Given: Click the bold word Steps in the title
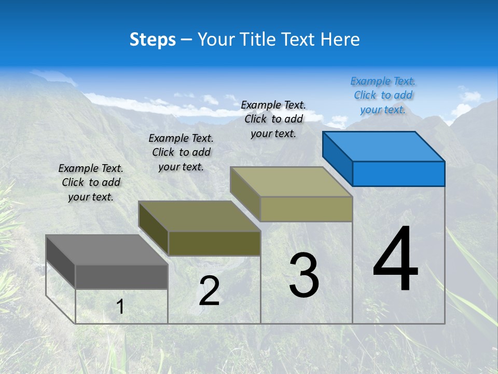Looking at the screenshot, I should pos(153,39).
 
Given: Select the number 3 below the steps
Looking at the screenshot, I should pos(304,275).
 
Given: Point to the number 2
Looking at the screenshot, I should pos(209,291).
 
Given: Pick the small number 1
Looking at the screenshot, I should pos(120,306).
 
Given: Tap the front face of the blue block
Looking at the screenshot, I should pos(398,173).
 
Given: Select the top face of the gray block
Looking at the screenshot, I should pos(107,249).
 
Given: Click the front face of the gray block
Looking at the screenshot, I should pos(121,276).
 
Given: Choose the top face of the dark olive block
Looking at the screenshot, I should pos(199,216).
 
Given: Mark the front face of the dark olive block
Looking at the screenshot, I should pos(214,243).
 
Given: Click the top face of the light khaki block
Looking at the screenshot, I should pos(292,182).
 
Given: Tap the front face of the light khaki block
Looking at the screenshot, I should pos(306,209).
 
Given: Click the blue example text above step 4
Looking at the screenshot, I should pos(383,95).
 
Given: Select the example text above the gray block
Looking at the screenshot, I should pos(91,182).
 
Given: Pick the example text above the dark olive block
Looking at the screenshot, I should pos(181,152).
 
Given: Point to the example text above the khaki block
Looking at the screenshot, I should pos(273,119).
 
